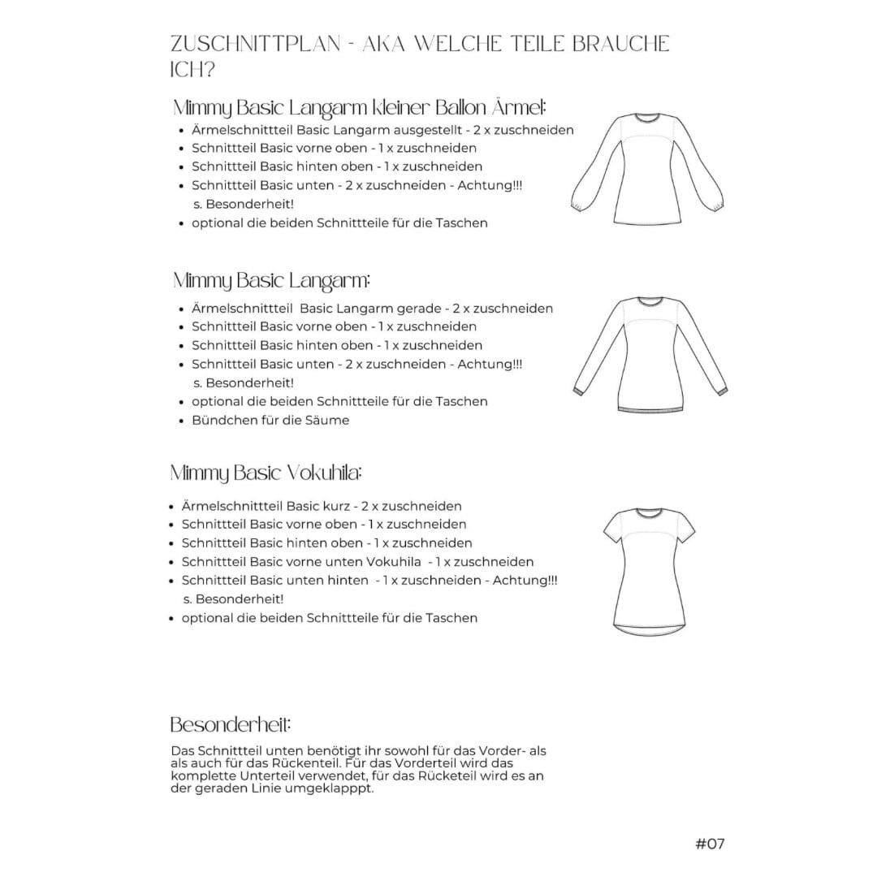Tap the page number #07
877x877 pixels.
click(x=709, y=843)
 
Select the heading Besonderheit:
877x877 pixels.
click(x=231, y=724)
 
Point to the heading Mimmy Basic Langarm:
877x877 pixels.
click(x=271, y=282)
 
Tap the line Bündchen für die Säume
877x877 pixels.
click(x=270, y=420)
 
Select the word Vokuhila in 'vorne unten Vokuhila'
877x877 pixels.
click(x=394, y=562)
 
